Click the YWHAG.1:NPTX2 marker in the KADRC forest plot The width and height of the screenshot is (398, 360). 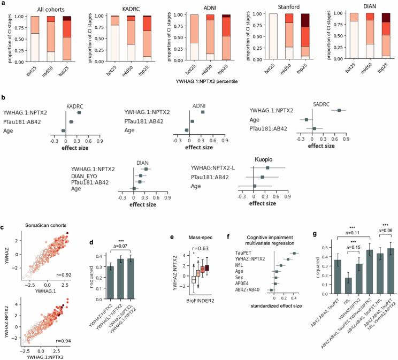79,113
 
